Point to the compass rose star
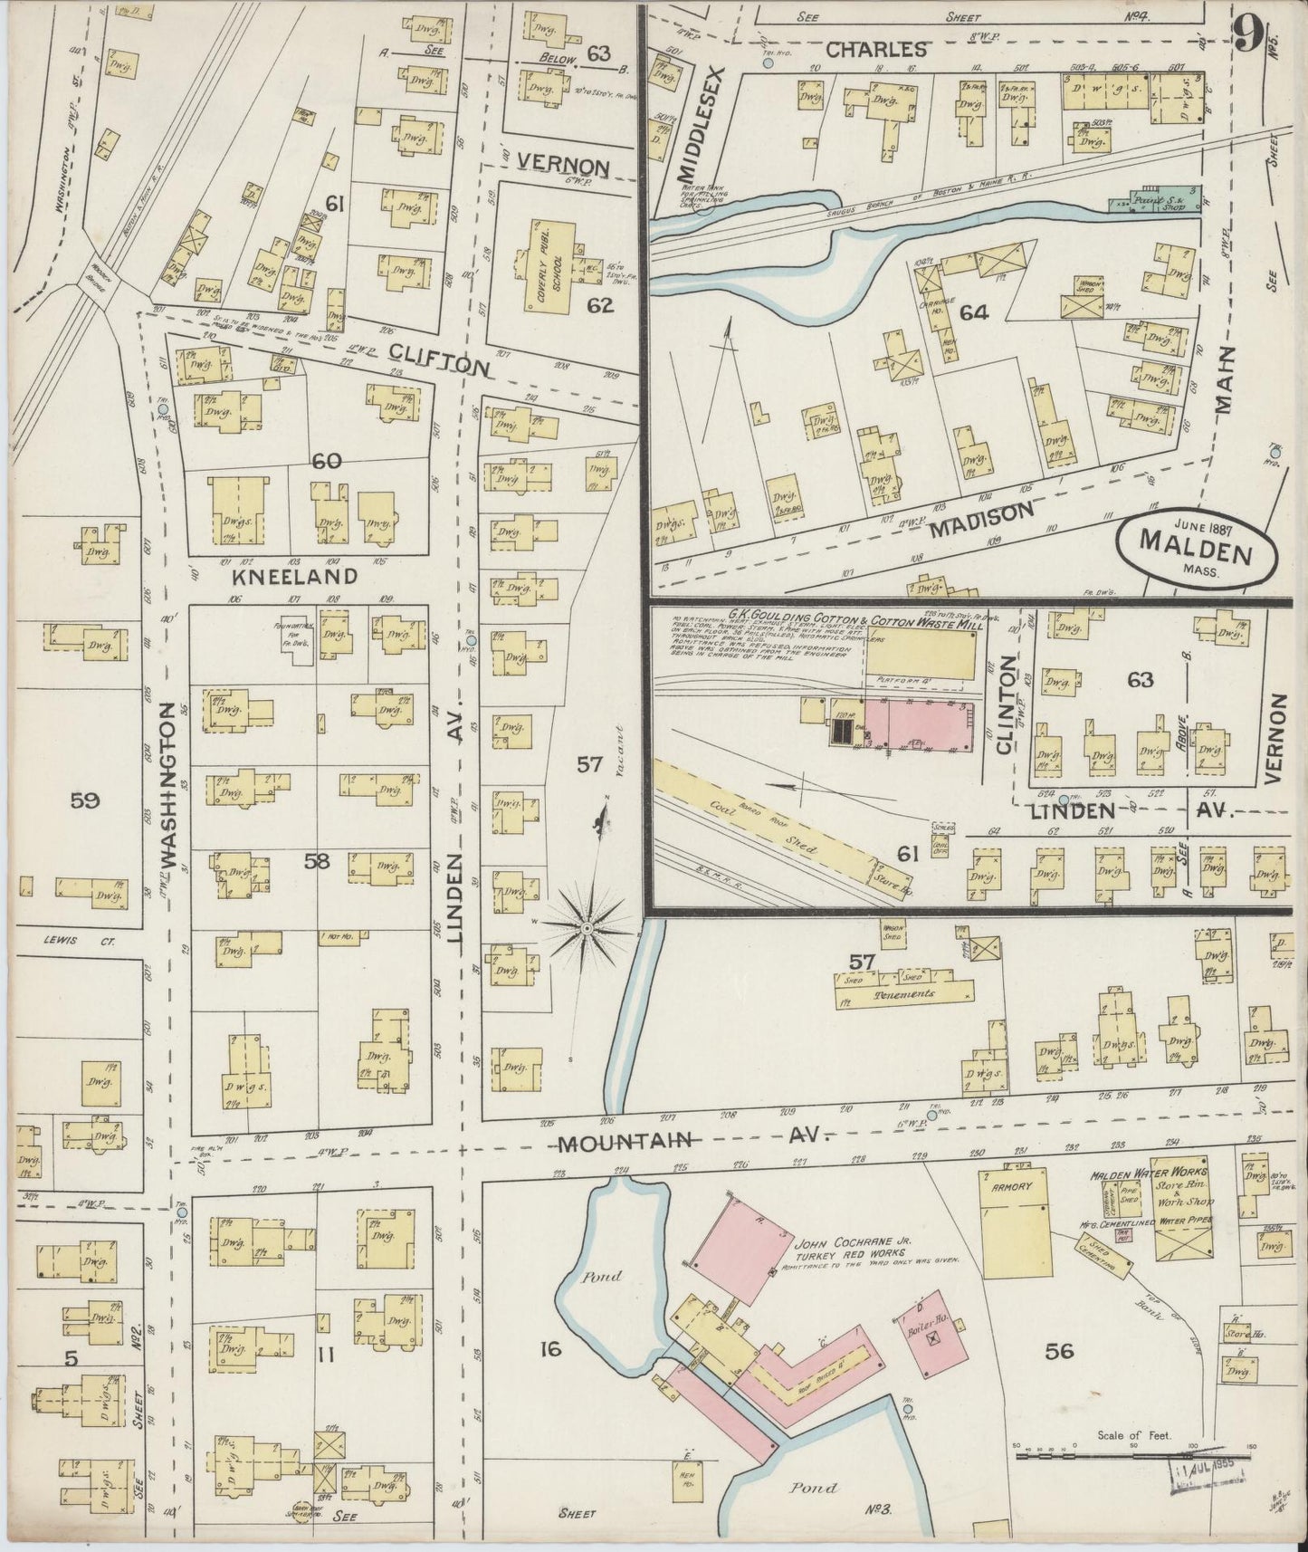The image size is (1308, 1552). pos(587,928)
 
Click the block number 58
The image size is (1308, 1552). pos(317,861)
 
